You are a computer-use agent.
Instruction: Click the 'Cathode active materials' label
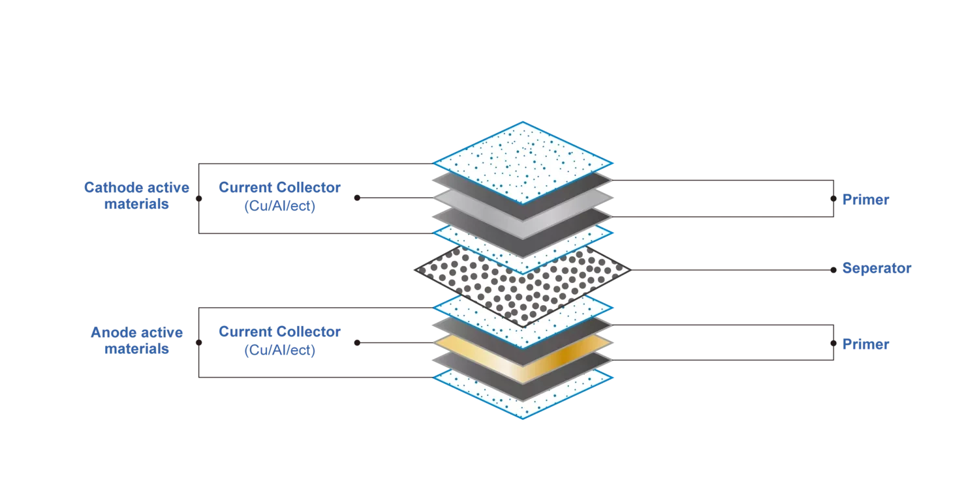pos(136,196)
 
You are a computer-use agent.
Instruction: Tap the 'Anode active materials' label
pos(136,340)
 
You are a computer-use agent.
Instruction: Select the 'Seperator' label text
pos(877,268)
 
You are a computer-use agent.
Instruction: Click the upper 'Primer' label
pos(865,200)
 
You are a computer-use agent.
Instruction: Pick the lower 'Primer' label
pos(865,344)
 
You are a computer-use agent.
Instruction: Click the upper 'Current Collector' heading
pos(280,187)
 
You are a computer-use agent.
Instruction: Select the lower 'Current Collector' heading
pos(280,332)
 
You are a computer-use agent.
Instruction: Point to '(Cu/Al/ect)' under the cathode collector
pos(280,205)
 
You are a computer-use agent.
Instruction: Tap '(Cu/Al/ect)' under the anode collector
pos(280,349)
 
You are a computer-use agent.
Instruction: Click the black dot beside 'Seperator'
pos(833,270)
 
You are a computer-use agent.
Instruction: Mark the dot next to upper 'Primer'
pos(833,199)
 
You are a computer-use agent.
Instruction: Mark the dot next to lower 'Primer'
pos(833,343)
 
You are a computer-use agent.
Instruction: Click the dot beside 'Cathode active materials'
pos(199,199)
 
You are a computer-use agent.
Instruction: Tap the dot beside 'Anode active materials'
pos(199,343)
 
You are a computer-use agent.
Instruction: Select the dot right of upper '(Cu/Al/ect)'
pos(357,198)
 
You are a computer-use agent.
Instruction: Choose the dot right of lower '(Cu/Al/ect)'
pos(357,343)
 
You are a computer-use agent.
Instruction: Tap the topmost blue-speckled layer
pos(523,162)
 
